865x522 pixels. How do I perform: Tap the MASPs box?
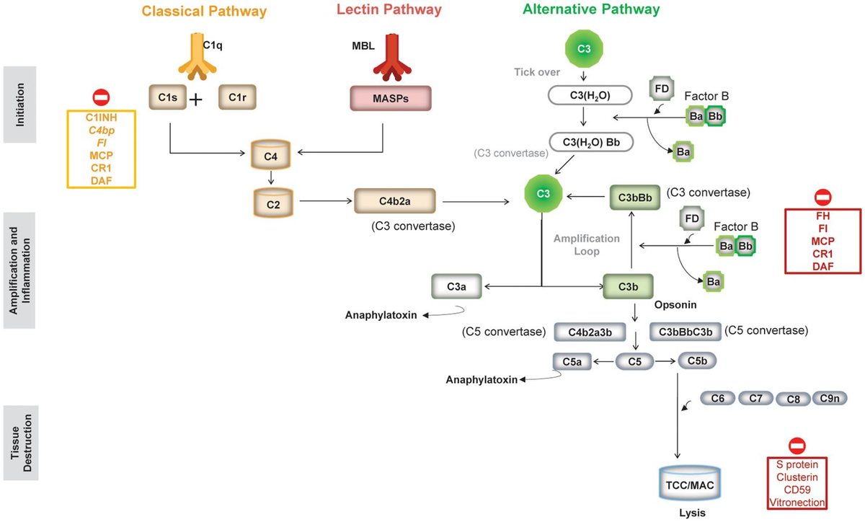pos(390,99)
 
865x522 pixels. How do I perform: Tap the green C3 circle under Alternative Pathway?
pos(585,48)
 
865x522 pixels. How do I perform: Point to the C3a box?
pos(457,286)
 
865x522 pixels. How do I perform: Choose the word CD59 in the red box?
pos(797,489)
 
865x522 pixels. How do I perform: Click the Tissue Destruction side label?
pos(21,442)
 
